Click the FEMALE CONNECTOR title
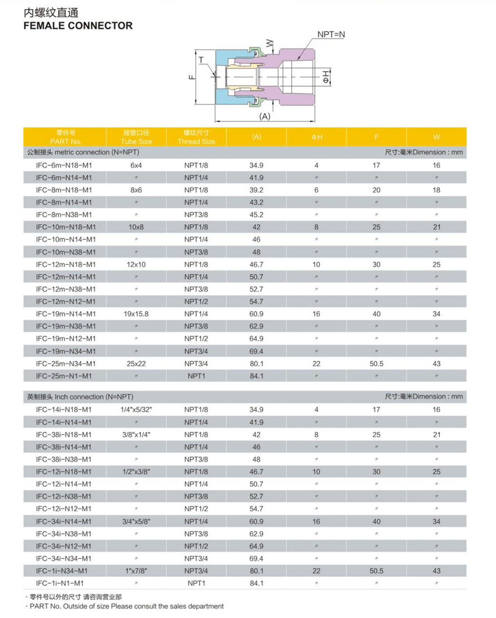[x=78, y=26]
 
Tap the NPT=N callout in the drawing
[x=331, y=34]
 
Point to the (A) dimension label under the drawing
[x=265, y=116]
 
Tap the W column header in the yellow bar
[x=436, y=137]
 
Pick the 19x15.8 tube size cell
[x=137, y=314]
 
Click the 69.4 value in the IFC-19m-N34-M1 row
[x=256, y=351]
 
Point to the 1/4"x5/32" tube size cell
[x=137, y=410]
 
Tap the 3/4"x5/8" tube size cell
[x=137, y=521]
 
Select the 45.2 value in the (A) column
[x=256, y=215]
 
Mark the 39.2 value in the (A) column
[x=256, y=190]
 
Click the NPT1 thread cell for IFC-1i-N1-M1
[x=196, y=583]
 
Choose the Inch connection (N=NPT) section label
[x=81, y=397]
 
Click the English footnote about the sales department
[x=126, y=606]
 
